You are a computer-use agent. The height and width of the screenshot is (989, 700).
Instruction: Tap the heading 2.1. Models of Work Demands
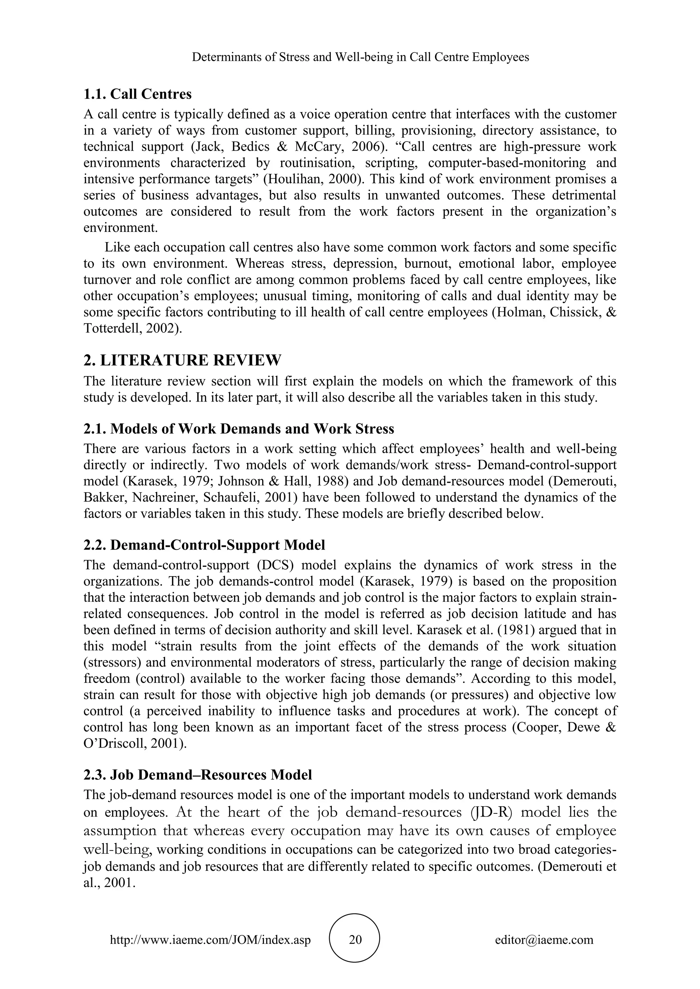pyautogui.click(x=239, y=429)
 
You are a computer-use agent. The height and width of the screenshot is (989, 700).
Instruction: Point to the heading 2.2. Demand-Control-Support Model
pyautogui.click(x=204, y=545)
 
